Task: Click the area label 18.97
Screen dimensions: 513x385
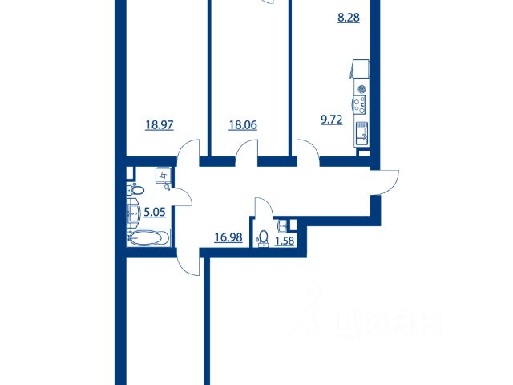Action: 160,125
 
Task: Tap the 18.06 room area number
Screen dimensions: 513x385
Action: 243,125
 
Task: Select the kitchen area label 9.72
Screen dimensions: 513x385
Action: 331,120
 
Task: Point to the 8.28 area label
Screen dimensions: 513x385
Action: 349,18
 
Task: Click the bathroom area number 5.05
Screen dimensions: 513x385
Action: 155,213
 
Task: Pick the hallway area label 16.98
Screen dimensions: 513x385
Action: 228,237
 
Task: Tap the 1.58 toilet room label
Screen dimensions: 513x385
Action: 285,241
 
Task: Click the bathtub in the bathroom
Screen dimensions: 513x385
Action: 149,237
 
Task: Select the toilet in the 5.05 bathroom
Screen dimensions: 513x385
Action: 135,189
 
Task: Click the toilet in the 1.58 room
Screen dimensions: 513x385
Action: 263,238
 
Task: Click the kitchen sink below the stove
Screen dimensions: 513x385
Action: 362,134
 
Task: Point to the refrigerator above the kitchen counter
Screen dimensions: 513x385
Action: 360,69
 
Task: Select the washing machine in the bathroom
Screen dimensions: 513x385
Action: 163,176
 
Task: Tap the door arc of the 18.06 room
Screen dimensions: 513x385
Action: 246,148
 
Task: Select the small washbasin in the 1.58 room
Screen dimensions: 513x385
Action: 282,225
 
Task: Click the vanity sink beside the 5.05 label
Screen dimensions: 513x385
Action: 134,213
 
